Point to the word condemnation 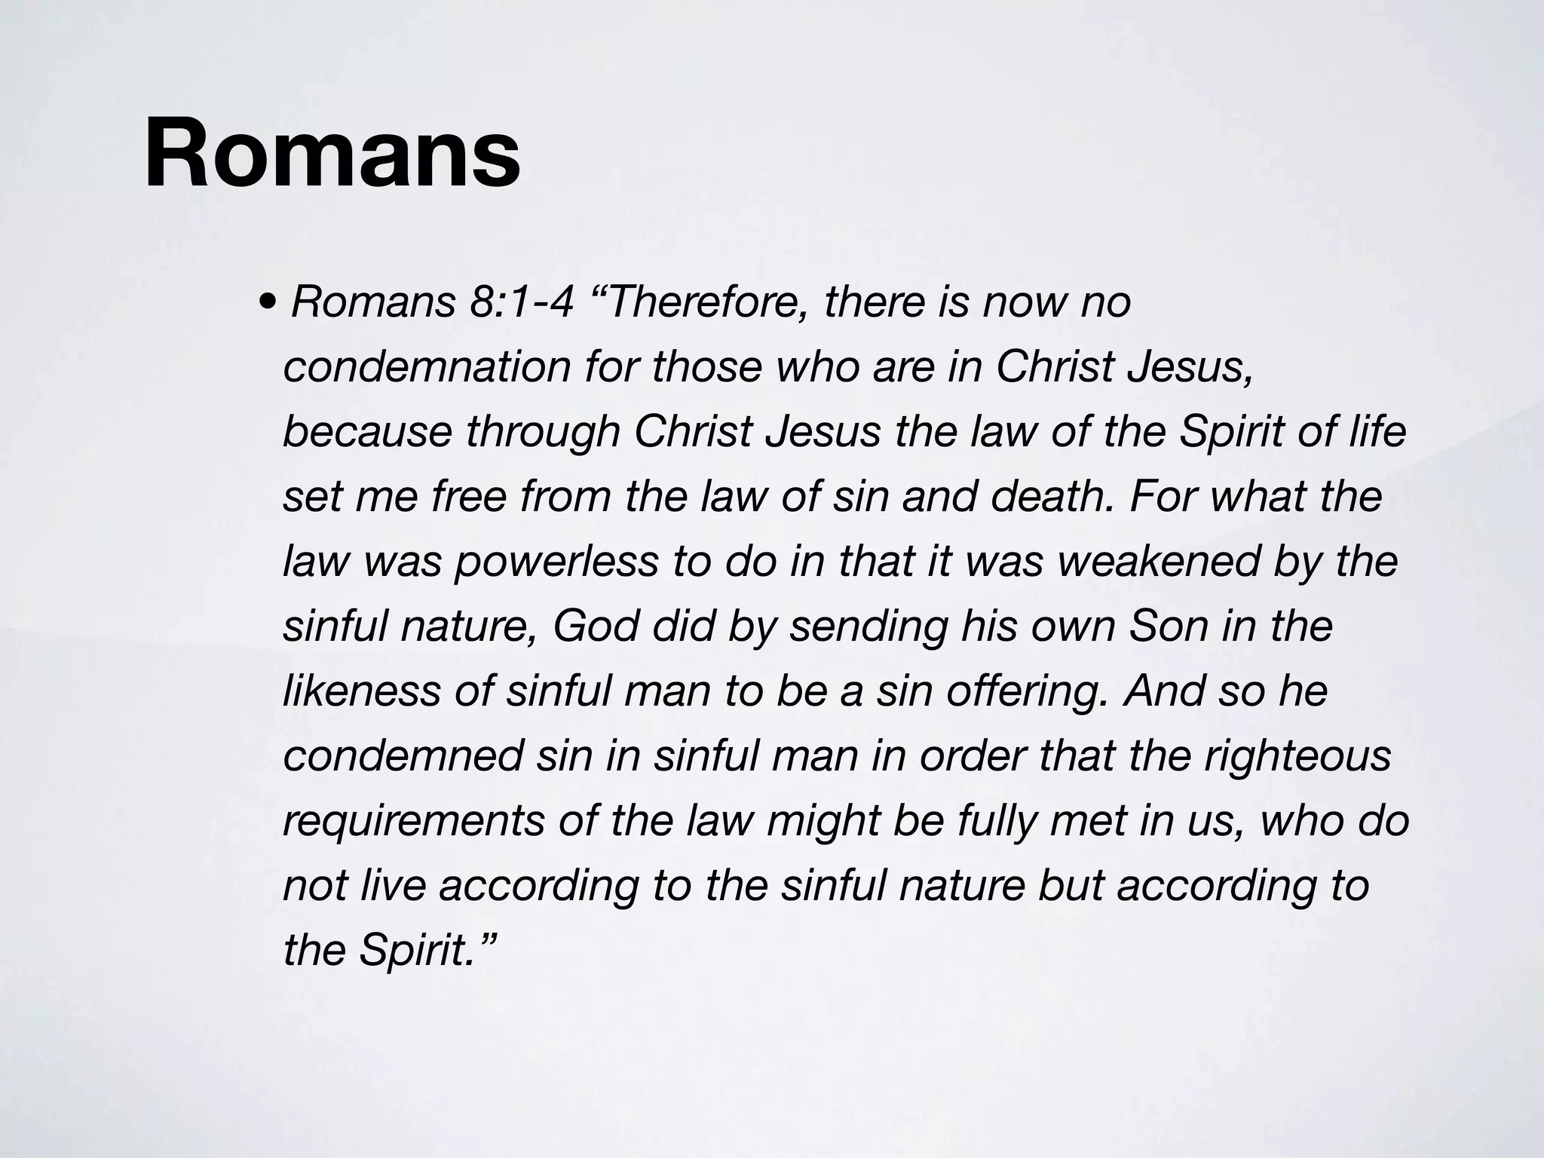[427, 367]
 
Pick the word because [366, 432]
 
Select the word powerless [556, 562]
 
